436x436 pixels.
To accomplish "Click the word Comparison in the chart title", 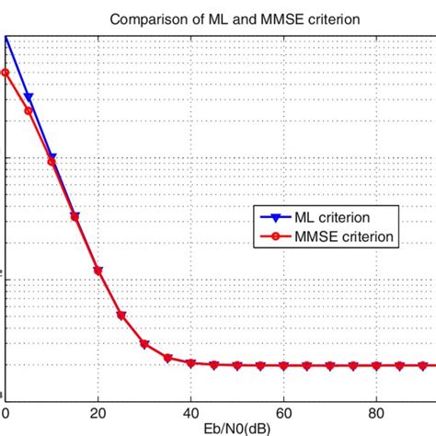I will [146, 18].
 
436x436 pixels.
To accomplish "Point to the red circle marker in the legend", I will [274, 236].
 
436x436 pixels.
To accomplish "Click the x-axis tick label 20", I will [98, 414].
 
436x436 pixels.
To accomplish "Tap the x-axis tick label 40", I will [191, 414].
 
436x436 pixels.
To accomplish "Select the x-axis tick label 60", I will [284, 414].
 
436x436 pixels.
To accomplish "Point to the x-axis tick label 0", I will [6, 414].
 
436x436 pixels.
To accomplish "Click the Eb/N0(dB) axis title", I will [217, 429].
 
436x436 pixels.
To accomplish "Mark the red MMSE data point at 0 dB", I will [6, 72].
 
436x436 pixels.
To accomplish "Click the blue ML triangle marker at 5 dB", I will [29, 97].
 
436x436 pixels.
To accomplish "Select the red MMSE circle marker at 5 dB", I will [29, 111].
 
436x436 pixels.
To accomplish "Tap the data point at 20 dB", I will [98, 271].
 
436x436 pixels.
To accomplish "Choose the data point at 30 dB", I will [144, 344].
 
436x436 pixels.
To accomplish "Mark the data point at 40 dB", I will [191, 363].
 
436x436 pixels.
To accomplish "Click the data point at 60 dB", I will [284, 366].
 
